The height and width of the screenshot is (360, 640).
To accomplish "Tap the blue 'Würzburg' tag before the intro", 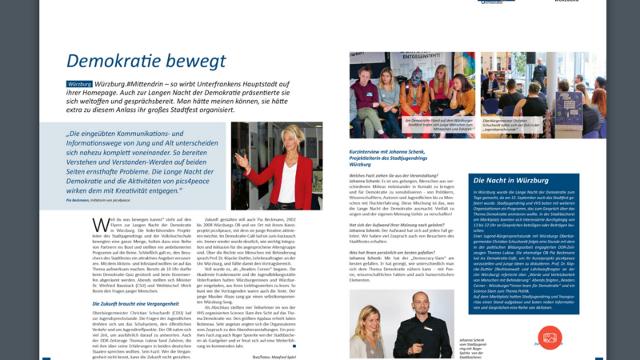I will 79,84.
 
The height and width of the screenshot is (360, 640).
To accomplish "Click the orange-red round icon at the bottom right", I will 550,337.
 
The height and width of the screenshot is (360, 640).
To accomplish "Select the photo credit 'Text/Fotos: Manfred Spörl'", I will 273,355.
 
